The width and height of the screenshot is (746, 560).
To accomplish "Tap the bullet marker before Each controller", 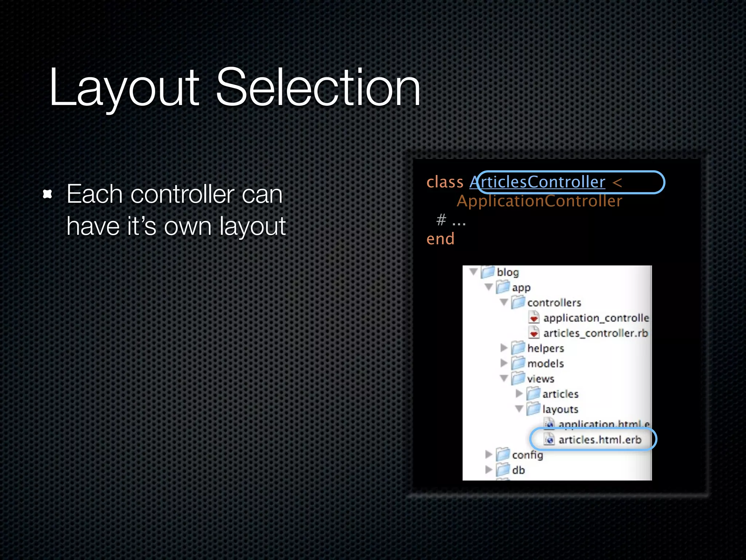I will coord(47,194).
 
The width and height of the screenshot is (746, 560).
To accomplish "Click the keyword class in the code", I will coord(444,182).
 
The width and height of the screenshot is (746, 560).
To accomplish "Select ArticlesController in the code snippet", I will coord(537,182).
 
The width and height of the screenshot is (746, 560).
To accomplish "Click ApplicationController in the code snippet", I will coord(539,201).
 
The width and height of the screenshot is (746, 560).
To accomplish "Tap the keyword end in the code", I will coord(440,239).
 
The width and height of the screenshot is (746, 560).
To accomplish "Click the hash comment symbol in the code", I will coord(441,220).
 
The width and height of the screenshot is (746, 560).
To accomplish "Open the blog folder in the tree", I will coord(507,272).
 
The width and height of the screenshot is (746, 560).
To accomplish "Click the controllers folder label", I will coord(554,303).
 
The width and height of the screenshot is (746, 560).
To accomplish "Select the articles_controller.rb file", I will coord(595,333).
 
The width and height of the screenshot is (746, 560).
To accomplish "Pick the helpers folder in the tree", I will coord(545,348).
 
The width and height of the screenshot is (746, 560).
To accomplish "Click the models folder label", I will coord(545,363).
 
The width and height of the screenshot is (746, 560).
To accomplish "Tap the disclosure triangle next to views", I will coord(504,378).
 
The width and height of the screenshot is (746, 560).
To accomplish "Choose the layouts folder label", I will coord(560,409).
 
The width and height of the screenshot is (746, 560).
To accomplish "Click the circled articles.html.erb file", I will coord(599,440).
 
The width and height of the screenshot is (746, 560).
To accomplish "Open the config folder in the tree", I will coord(527,455).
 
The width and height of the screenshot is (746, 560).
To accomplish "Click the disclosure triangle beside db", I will coord(488,470).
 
